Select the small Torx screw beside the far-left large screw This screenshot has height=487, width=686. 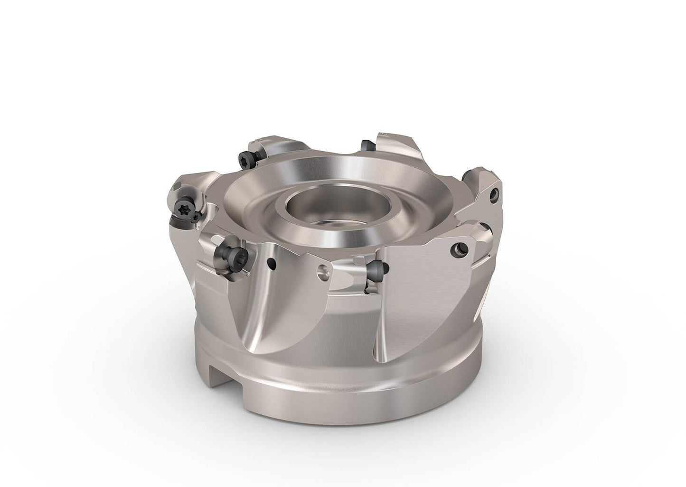[x=197, y=217]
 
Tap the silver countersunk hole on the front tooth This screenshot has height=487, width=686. [x=323, y=272]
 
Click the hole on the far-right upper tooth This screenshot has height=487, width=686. [x=496, y=194]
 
